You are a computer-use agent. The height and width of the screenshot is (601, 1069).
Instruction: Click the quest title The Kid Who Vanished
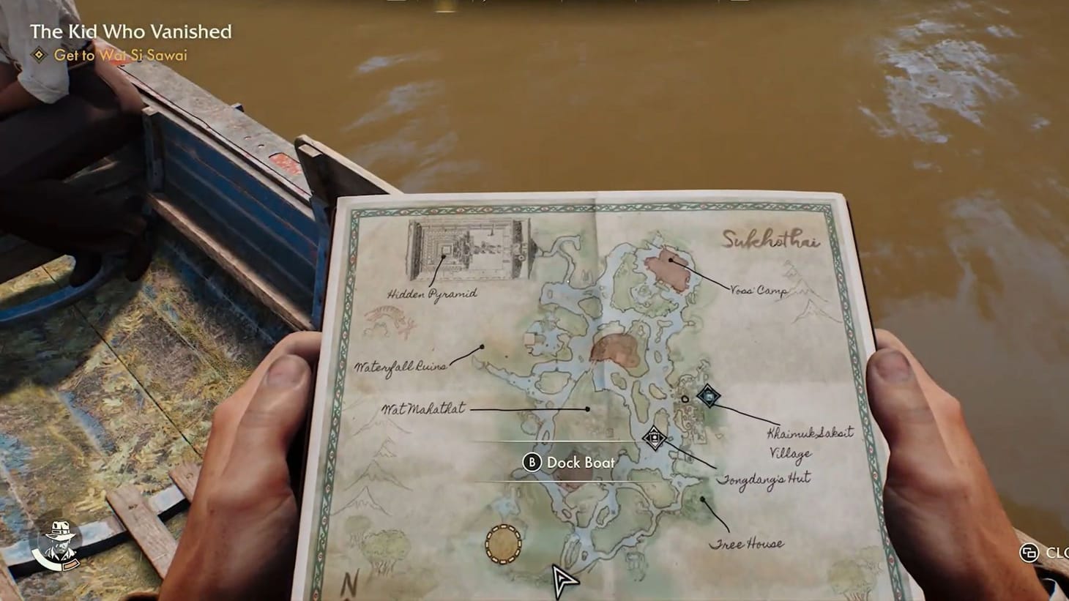tap(130, 31)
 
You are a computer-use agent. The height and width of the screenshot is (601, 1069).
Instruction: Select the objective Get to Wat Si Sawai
tap(120, 56)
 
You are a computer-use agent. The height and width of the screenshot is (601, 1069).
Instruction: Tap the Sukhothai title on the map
tap(770, 240)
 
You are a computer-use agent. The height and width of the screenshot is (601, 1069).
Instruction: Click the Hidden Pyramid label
tap(432, 294)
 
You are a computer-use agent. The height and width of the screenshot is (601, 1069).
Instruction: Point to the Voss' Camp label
tap(759, 291)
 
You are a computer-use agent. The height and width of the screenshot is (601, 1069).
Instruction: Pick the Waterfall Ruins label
tap(400, 366)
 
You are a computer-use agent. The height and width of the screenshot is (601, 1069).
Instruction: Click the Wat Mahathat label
tap(423, 409)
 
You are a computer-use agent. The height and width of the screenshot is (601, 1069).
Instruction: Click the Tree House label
tap(745, 544)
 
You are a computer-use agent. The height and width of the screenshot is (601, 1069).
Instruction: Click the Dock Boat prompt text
tap(581, 463)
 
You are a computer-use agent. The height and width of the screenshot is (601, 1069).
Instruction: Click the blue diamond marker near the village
tap(708, 395)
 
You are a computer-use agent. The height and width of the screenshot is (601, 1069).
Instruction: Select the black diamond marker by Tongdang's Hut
tap(655, 438)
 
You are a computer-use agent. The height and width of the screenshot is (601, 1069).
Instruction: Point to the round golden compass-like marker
tap(504, 545)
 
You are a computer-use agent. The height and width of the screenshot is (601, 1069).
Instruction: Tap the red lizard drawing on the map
tap(389, 319)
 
